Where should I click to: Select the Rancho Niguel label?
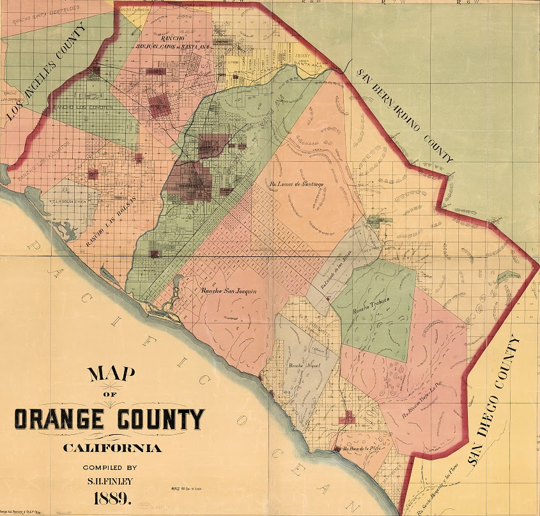click(x=303, y=366)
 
